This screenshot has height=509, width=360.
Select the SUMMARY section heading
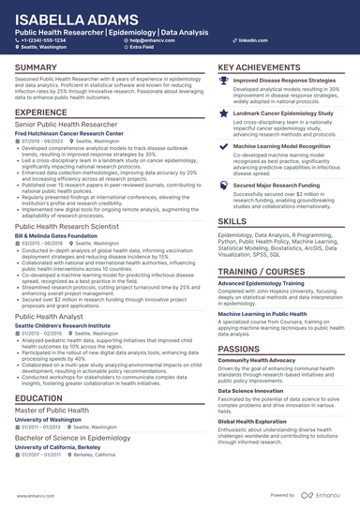(x=37, y=68)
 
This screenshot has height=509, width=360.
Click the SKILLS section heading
(x=232, y=221)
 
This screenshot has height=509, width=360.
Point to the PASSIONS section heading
(x=239, y=322)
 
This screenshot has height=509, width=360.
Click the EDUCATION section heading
(x=39, y=398)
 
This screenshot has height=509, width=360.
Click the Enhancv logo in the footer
(x=323, y=495)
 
